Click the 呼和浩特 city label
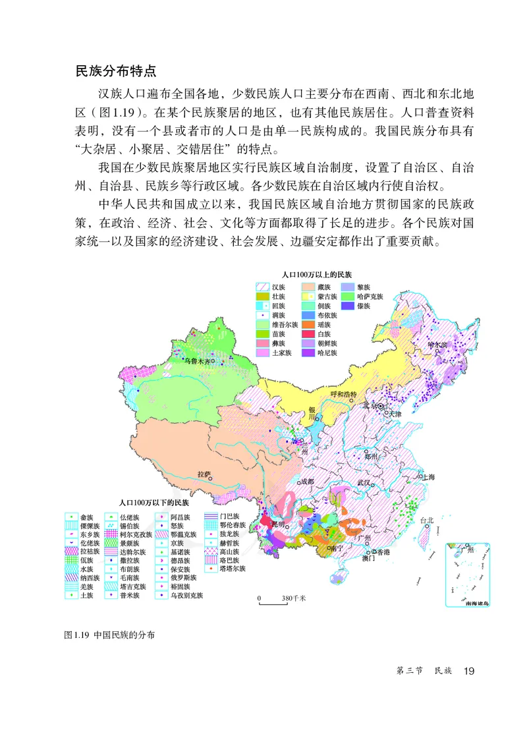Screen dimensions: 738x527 click(x=343, y=395)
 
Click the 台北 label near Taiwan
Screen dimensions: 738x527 click(x=427, y=520)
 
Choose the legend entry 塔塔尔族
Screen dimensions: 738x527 click(x=233, y=568)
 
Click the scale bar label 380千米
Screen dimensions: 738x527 click(x=292, y=598)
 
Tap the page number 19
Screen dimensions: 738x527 click(x=468, y=671)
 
